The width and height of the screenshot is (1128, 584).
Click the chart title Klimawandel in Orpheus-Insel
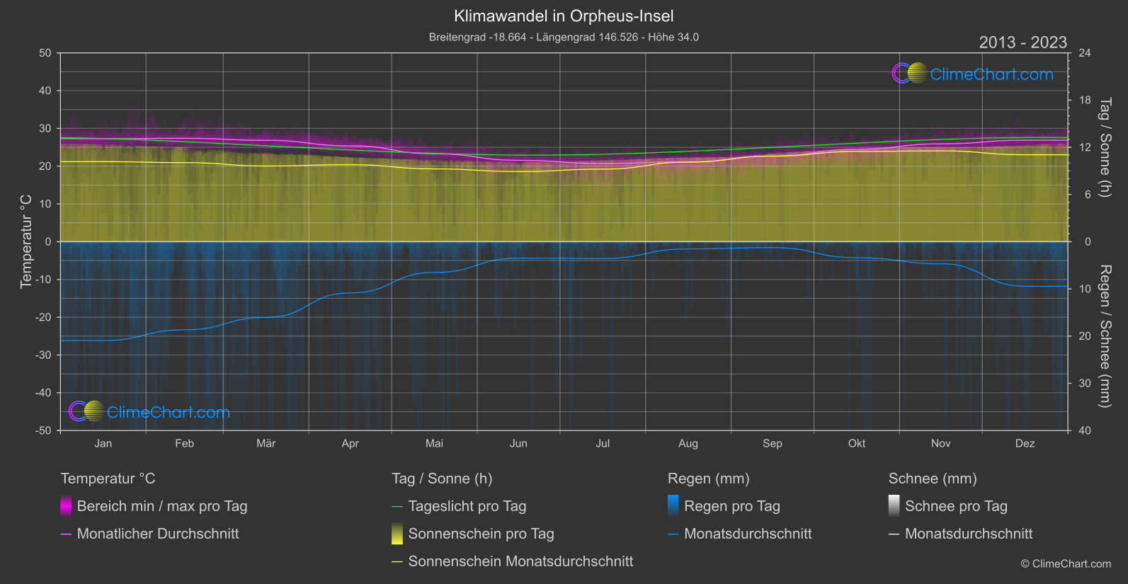tap(564, 16)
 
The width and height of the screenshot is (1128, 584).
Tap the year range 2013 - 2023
tap(1022, 42)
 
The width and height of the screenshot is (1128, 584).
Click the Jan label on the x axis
tap(103, 443)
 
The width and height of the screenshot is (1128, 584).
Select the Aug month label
tap(688, 443)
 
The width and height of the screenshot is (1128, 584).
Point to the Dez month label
tap(1025, 443)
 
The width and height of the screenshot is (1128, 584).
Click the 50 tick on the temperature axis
tap(45, 53)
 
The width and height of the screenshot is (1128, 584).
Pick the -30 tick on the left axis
tap(43, 355)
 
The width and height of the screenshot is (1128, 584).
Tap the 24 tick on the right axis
tap(1084, 53)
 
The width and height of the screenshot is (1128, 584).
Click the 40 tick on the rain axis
tap(1084, 430)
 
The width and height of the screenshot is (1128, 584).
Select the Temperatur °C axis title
tap(26, 241)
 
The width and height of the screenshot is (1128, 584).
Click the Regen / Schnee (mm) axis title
tap(1105, 336)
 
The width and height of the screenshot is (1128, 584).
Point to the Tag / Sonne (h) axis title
tap(1105, 147)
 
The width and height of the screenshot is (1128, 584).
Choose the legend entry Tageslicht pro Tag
tap(467, 506)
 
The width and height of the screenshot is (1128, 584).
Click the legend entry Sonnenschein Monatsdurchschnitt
tap(520, 561)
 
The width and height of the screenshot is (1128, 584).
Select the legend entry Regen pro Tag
tap(731, 506)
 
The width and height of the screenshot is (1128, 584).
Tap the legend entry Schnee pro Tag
tap(956, 506)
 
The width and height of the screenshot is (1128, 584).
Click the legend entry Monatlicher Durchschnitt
tap(157, 534)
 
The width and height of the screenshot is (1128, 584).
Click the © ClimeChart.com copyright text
tap(1066, 563)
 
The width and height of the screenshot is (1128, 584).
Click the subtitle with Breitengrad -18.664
tap(564, 37)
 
